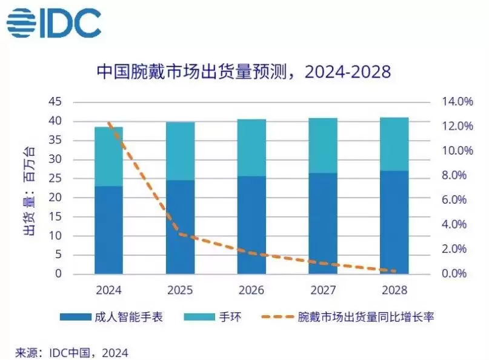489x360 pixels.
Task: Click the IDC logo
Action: (54, 22)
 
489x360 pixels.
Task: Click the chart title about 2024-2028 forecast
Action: (244, 72)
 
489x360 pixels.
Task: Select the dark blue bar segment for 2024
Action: (108, 230)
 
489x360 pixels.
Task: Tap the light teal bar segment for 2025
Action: (180, 151)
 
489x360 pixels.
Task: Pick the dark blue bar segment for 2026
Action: (251, 225)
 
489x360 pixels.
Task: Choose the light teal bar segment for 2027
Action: (323, 145)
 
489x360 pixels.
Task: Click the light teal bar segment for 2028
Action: (394, 144)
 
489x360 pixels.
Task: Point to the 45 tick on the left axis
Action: (55, 102)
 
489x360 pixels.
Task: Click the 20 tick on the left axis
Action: (55, 198)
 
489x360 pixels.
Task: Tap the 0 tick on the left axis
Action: (58, 273)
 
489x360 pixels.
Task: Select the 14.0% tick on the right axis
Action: (457, 102)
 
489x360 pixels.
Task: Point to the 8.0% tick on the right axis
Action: (454, 175)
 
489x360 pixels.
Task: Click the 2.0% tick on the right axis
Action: (454, 249)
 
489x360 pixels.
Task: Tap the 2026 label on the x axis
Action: (251, 290)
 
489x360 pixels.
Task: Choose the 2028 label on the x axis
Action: (394, 290)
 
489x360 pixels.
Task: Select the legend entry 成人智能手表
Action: (111, 317)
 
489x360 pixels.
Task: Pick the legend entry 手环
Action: (213, 317)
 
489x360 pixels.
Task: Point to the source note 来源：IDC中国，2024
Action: (72, 353)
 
